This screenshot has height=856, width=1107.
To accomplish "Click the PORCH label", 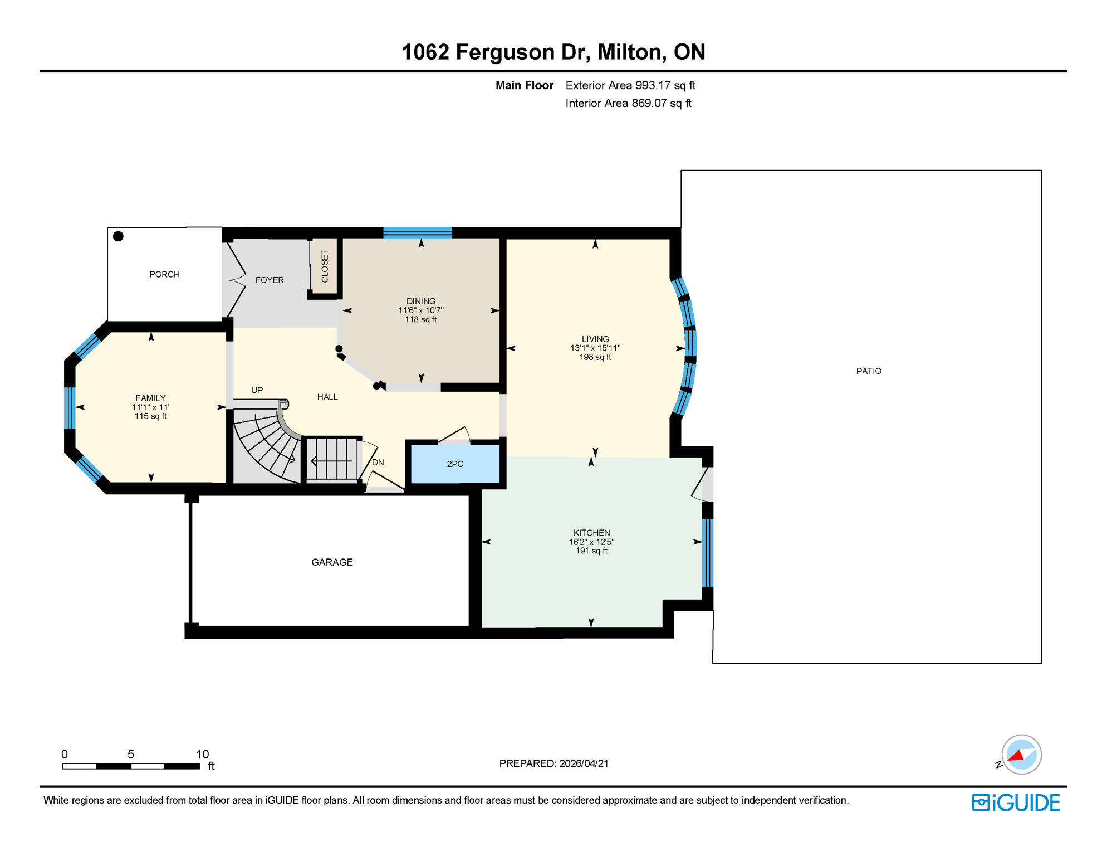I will pyautogui.click(x=164, y=274).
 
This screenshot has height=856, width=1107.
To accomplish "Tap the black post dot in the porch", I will pyautogui.click(x=118, y=236).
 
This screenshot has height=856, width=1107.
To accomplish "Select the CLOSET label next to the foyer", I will pyautogui.click(x=325, y=266).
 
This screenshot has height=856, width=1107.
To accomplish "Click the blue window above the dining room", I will pyautogui.click(x=418, y=232).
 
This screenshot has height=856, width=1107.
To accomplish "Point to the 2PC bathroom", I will pyautogui.click(x=455, y=464).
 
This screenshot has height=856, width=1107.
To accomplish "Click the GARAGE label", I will pyautogui.click(x=332, y=562).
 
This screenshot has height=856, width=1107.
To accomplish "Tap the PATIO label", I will pyautogui.click(x=869, y=371).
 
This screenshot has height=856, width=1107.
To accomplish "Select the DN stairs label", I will pyautogui.click(x=378, y=463).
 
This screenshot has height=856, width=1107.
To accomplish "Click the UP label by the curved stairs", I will pyautogui.click(x=257, y=390).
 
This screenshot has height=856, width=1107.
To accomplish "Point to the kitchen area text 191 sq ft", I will pyautogui.click(x=591, y=551).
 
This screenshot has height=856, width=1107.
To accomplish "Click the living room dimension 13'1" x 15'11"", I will pyautogui.click(x=595, y=348).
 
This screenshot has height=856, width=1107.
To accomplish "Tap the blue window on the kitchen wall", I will pyautogui.click(x=707, y=552).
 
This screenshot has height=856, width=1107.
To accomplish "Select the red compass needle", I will pyautogui.click(x=1016, y=756).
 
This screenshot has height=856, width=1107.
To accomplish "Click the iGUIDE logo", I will pyautogui.click(x=1016, y=802).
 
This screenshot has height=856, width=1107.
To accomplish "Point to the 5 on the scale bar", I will pyautogui.click(x=131, y=754).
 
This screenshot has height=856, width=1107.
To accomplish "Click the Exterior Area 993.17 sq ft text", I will pyautogui.click(x=630, y=85).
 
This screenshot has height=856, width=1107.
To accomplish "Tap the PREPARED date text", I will pyautogui.click(x=553, y=763).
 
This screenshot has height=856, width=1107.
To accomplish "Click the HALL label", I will pyautogui.click(x=327, y=397).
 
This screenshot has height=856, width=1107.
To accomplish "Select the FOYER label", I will pyautogui.click(x=270, y=280).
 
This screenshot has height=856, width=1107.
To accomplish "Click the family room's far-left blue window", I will pyautogui.click(x=70, y=407).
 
